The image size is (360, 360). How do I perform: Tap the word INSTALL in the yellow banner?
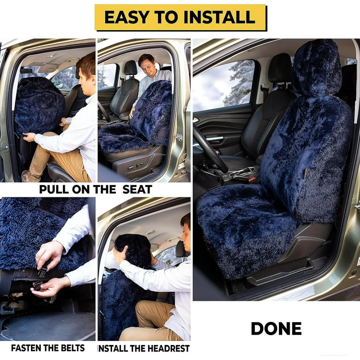(219, 17)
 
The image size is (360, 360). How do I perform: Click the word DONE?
(276, 329)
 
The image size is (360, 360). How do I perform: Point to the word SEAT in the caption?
(137, 189)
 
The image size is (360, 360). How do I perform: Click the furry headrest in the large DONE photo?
(317, 67)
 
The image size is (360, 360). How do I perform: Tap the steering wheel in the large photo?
(210, 149)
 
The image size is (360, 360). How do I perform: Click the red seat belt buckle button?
(252, 179)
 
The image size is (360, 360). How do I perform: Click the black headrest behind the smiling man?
(131, 68)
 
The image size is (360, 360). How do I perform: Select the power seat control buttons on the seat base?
(136, 166)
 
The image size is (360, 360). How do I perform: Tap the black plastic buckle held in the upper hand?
(43, 272)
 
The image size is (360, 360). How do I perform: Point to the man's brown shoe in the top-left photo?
(28, 177)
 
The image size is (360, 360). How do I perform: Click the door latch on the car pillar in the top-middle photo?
(179, 137)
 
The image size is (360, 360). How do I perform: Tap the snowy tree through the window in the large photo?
(239, 82)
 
